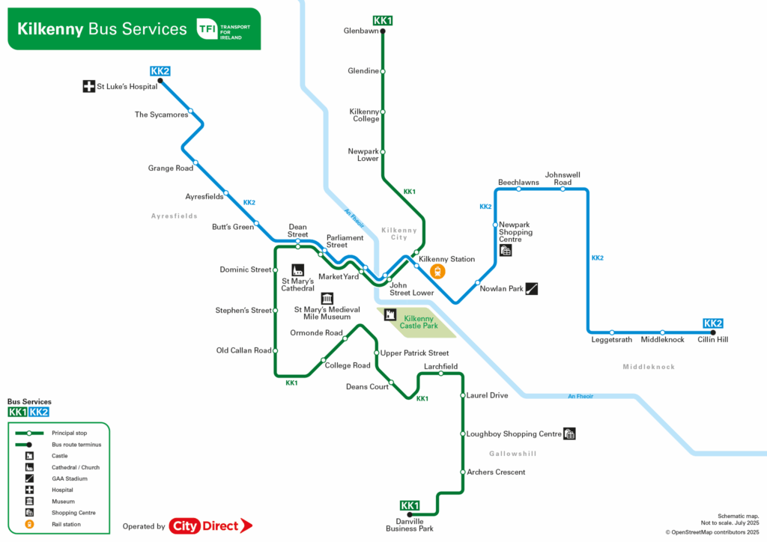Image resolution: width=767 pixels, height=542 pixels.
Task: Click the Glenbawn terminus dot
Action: coord(383,31)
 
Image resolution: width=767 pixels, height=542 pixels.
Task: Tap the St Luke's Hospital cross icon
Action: coord(88,86)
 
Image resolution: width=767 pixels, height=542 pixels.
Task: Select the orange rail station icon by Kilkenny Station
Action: coord(437,272)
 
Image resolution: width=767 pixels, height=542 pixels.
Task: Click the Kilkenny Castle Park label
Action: coord(419,322)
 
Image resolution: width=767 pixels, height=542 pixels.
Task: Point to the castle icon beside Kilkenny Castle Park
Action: coord(390,316)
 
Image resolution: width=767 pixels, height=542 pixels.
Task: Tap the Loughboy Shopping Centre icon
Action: coord(570,433)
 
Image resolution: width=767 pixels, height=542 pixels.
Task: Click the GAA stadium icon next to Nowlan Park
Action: coord(532,288)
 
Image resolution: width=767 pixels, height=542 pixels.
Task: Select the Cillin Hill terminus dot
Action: coord(713,333)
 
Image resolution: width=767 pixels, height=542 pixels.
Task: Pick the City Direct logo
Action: coord(210,526)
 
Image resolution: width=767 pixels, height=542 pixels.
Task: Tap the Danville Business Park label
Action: coord(409,525)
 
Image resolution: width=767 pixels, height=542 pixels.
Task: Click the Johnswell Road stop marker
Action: coord(563,189)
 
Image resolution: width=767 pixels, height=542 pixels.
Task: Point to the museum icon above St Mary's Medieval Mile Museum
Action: coord(327,298)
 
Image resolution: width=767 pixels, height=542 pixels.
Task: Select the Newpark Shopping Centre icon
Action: coord(506,251)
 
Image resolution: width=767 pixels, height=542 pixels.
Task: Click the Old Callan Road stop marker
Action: coord(276,350)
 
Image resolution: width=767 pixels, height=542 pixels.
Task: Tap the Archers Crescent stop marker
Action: coord(463,472)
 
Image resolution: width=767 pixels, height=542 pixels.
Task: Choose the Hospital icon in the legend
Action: coord(29,490)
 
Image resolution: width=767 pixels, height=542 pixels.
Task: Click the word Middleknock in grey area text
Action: coord(649,367)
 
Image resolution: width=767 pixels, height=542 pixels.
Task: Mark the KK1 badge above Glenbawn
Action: coord(383,20)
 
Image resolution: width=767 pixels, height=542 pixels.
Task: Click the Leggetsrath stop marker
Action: coord(612,332)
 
